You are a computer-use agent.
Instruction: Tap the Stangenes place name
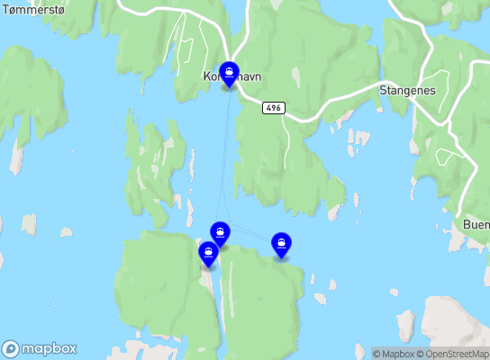[x=408, y=91]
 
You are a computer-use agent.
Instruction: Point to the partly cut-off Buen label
[x=475, y=224]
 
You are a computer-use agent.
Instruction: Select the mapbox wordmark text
[x=50, y=348]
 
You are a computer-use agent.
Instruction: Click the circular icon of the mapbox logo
[x=11, y=348]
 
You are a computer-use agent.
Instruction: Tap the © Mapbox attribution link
[x=395, y=353]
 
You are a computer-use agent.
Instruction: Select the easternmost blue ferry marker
[x=282, y=243]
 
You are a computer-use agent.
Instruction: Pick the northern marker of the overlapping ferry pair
[x=219, y=233]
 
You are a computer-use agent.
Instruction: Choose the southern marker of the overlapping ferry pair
[x=209, y=255]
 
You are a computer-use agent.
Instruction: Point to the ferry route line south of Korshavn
[x=226, y=153]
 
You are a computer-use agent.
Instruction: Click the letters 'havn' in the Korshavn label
[x=248, y=77]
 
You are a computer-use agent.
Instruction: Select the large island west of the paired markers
[x=162, y=288]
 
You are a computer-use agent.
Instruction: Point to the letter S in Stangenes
[x=384, y=91]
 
